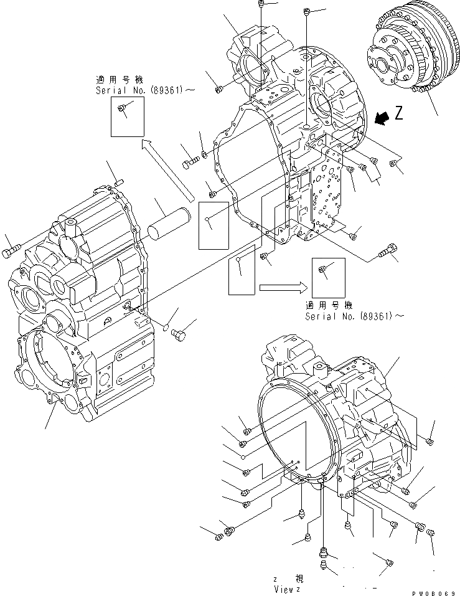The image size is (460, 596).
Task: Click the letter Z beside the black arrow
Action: click(x=399, y=113)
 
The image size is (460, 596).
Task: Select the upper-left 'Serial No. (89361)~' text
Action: click(x=144, y=90)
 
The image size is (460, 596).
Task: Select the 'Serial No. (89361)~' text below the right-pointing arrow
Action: click(x=354, y=316)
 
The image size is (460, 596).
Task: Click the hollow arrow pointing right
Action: click(x=283, y=287)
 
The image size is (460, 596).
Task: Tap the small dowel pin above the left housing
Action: click(x=121, y=182)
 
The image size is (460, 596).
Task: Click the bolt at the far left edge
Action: click(x=11, y=253)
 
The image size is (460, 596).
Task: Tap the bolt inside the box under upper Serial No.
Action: click(x=122, y=111)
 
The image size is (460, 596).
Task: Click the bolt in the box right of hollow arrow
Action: click(x=323, y=268)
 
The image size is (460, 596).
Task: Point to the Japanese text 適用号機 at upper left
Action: click(x=119, y=80)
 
